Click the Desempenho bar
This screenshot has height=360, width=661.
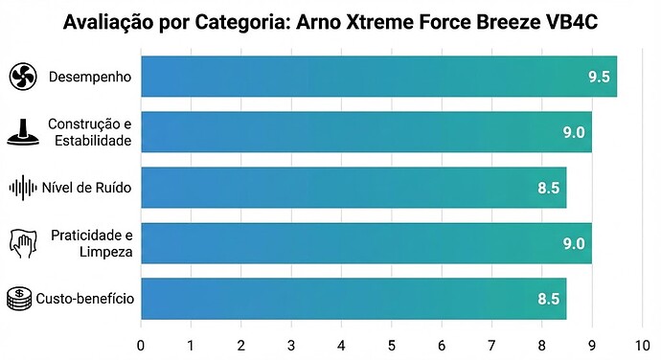pyautogui.click(x=378, y=77)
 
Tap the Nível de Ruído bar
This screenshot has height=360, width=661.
pyautogui.click(x=353, y=188)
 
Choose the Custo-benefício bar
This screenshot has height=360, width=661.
pyautogui.click(x=353, y=299)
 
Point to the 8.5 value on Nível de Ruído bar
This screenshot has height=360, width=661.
pyautogui.click(x=549, y=189)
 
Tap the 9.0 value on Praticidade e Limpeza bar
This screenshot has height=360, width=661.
pyautogui.click(x=574, y=244)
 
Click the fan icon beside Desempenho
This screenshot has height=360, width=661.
pyautogui.click(x=23, y=77)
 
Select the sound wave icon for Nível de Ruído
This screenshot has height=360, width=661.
pyautogui.click(x=23, y=188)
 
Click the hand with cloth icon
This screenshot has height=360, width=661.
pyautogui.click(x=23, y=243)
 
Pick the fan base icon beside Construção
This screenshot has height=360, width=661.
pyautogui.click(x=23, y=132)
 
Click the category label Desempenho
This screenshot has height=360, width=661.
pyautogui.click(x=90, y=77)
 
